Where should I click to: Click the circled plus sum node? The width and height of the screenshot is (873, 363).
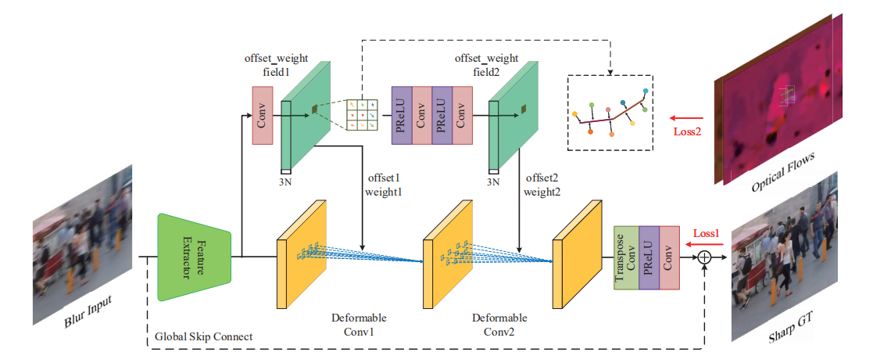705,257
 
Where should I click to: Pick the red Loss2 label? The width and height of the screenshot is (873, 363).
687,131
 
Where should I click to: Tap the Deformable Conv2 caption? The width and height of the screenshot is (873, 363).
499,325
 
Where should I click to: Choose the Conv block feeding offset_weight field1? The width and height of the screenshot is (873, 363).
262,116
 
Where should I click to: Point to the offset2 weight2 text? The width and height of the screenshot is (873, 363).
541,185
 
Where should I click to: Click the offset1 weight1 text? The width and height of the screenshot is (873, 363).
383,185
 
